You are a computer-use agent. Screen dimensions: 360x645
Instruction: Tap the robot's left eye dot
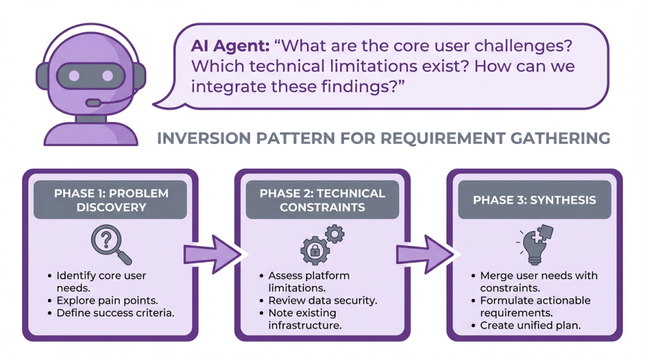(x=75, y=76)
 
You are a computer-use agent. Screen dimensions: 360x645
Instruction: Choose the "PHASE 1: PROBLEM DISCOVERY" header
(x=111, y=200)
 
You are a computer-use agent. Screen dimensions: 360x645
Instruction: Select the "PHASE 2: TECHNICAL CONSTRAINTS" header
(x=322, y=200)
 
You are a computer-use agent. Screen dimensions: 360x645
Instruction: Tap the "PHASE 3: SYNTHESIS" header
(x=534, y=200)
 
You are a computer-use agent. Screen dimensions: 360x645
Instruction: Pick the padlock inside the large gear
(x=314, y=251)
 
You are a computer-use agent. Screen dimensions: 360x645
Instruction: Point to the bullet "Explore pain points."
(x=107, y=300)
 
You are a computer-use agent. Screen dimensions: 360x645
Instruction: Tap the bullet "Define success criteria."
(x=115, y=313)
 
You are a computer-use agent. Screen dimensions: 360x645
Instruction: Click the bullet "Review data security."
(x=322, y=300)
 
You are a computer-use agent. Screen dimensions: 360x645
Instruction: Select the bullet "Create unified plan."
(x=531, y=325)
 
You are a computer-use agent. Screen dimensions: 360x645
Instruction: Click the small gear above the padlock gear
(x=336, y=233)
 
